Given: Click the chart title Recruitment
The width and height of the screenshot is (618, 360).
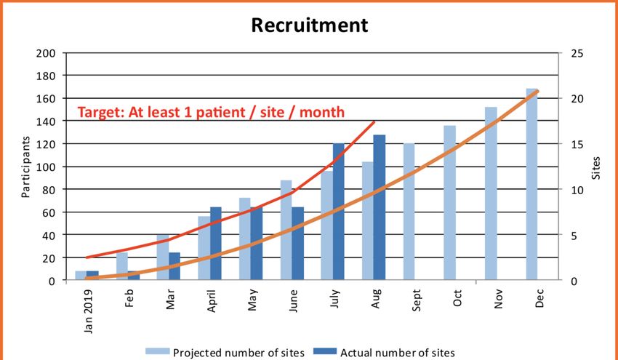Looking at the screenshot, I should pos(310,25).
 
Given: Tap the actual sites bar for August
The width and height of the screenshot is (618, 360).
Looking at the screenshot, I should pos(379,208).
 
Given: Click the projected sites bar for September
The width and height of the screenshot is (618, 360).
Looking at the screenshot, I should pos(409,212).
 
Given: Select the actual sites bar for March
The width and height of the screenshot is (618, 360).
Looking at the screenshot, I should pos(174,266).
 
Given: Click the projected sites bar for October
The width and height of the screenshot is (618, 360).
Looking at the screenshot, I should pos(450,203).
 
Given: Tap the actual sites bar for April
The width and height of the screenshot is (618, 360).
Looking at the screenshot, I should pos(215,244).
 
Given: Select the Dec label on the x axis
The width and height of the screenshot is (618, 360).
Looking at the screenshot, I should pos(539,297).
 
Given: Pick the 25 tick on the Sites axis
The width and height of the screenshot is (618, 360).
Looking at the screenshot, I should pos(570,53).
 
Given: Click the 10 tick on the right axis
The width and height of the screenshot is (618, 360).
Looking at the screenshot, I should pos(570,190).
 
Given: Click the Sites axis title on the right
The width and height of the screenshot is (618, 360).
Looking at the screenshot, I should pos(596,167).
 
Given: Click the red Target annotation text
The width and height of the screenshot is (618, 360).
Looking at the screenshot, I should pos(211,112).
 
